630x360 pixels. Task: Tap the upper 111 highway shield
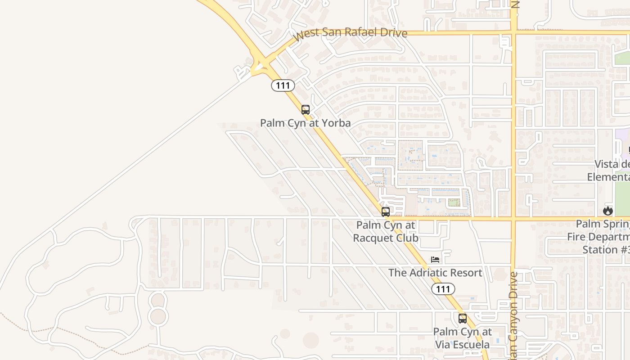(283, 85)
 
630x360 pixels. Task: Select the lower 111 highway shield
(443, 289)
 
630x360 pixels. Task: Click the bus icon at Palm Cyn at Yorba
(306, 109)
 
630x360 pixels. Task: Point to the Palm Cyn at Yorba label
(306, 123)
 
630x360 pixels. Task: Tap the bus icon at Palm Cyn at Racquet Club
(386, 212)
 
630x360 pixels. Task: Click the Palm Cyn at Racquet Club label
(386, 231)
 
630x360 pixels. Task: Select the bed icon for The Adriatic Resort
(435, 260)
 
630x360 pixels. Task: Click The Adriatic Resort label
(435, 273)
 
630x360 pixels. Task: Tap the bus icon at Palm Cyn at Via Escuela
(462, 319)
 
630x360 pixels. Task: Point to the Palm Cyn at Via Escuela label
(462, 338)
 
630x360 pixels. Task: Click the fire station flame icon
(608, 211)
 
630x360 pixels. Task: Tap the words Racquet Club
(386, 238)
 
